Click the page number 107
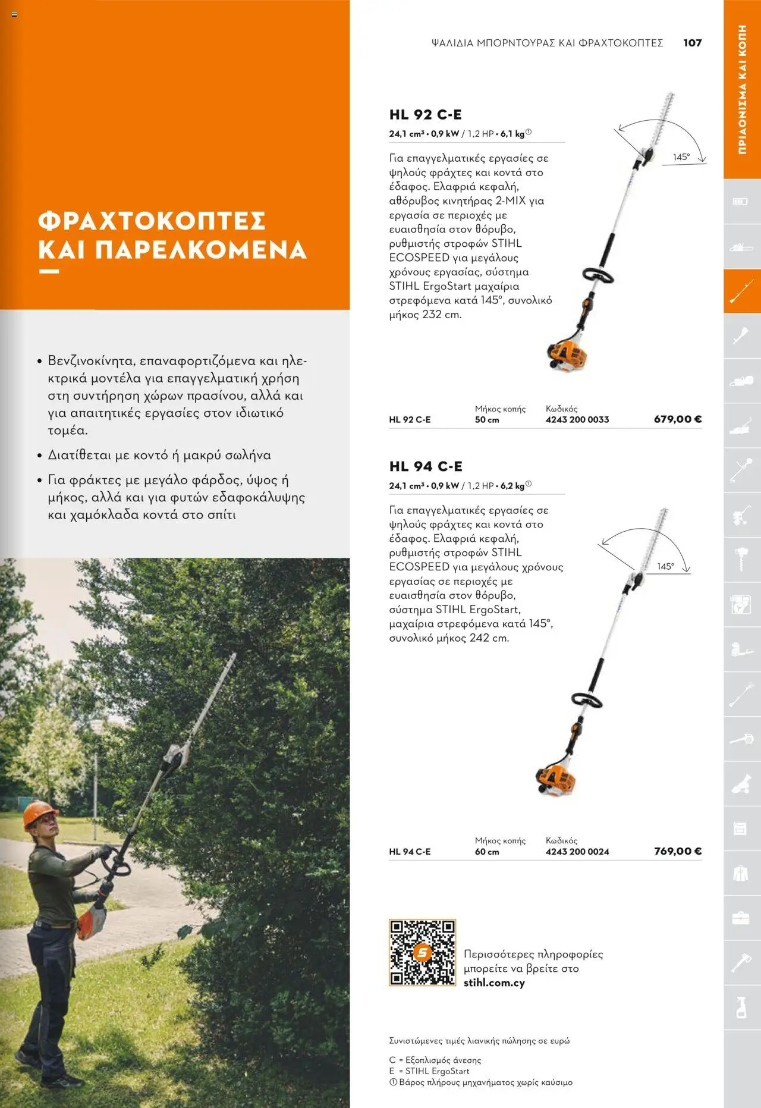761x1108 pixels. click(692, 43)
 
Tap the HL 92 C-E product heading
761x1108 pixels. click(425, 115)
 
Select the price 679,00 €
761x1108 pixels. click(677, 419)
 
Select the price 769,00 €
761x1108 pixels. click(677, 851)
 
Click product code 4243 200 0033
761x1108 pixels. click(577, 420)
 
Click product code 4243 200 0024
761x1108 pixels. click(577, 852)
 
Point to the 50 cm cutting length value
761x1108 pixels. click(486, 420)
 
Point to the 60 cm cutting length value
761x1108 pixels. click(486, 852)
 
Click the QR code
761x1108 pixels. click(422, 953)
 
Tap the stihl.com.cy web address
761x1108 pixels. click(494, 983)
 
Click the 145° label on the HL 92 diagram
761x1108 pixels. click(681, 157)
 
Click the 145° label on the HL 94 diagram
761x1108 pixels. click(665, 567)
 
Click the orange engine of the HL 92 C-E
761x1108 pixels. click(568, 356)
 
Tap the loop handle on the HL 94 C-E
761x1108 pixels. click(587, 700)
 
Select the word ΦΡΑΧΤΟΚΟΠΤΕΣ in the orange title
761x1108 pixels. click(152, 221)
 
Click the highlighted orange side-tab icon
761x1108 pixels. click(741, 291)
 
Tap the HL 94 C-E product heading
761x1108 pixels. click(426, 466)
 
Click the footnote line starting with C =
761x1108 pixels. click(435, 1060)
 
